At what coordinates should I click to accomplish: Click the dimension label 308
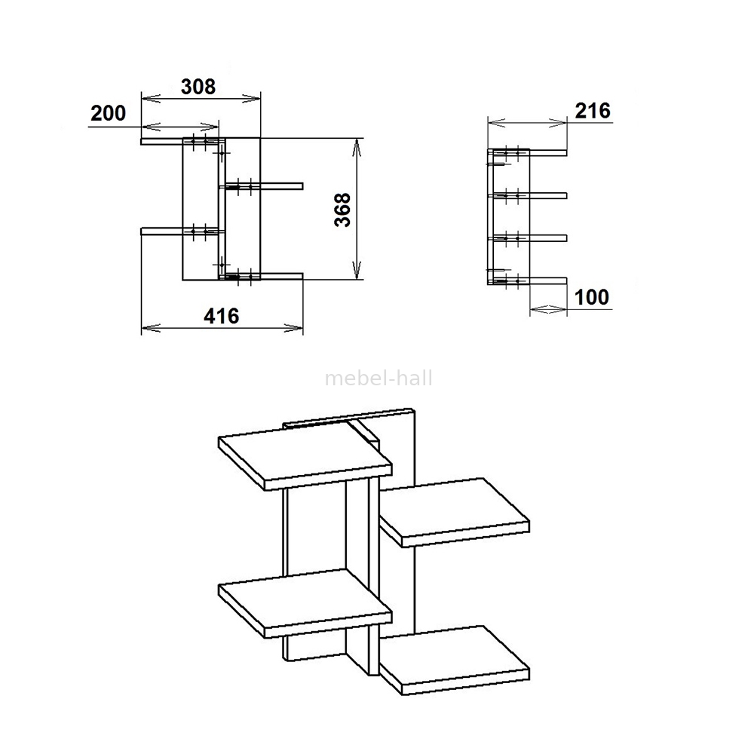(x=198, y=87)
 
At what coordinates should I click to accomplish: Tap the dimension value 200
(x=108, y=114)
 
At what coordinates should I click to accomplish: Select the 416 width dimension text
(x=221, y=316)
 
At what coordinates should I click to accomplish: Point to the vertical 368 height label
(x=343, y=210)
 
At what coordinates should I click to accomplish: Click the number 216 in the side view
(x=593, y=111)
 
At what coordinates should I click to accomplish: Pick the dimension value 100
(x=592, y=297)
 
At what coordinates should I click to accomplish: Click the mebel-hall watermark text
(x=379, y=379)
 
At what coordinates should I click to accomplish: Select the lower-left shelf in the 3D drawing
(x=305, y=603)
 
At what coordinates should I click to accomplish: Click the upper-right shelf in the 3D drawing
(x=455, y=512)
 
